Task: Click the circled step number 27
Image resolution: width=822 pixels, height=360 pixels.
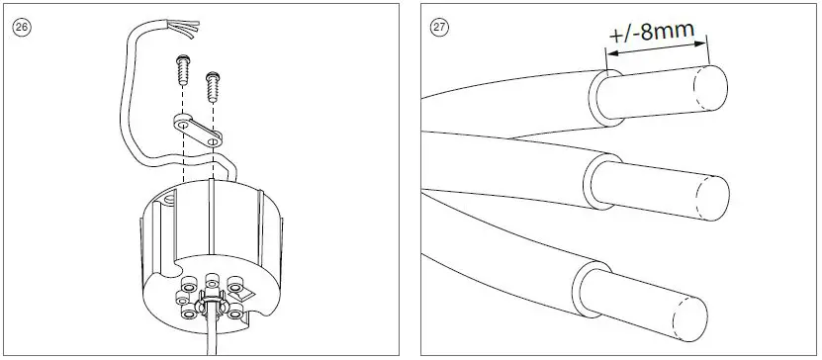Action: (x=439, y=27)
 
